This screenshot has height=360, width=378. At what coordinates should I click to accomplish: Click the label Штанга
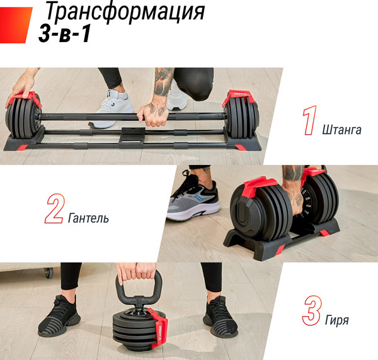(x=341, y=130)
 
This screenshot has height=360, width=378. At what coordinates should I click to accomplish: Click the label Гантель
(x=88, y=219)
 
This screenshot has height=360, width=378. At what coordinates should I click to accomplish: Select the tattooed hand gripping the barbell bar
(x=153, y=110)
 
